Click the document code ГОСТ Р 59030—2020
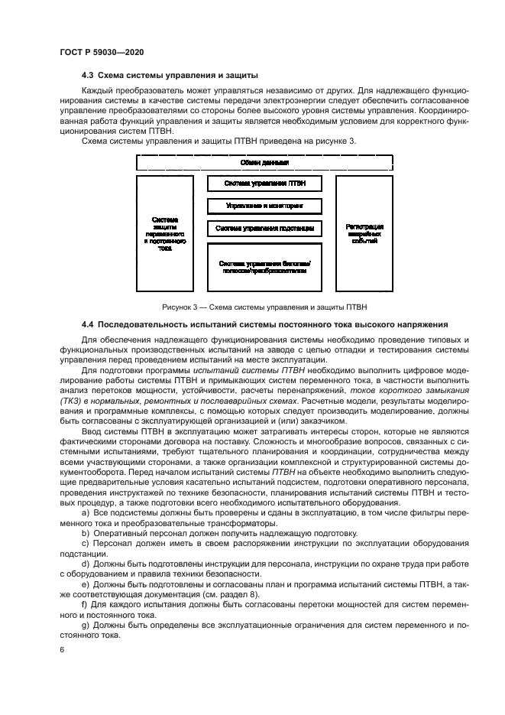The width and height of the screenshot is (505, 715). pos(102,50)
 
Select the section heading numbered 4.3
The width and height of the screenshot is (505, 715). pos(170,75)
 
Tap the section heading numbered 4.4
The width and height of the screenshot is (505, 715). pos(264,324)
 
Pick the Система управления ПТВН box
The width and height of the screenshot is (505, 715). pos(264,184)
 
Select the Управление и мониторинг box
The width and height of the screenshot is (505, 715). pos(264,206)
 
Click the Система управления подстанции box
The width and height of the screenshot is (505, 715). pos(264,229)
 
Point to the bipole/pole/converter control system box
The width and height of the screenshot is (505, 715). pos(264,267)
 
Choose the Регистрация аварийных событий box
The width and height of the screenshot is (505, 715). pos(364,233)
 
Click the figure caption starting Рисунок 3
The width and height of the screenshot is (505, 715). pos(264,307)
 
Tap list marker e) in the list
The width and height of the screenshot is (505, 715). pos(86,595)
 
